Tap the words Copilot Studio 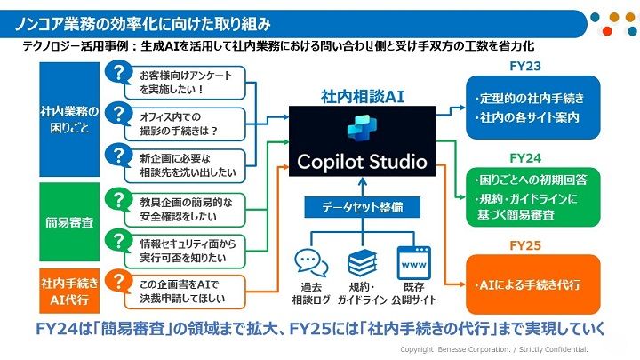(x=363, y=161)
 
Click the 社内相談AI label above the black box (x=362, y=93)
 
